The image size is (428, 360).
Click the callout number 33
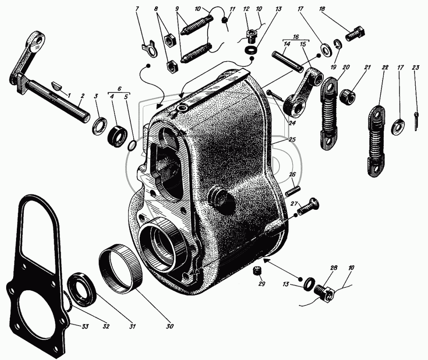[x=85, y=326]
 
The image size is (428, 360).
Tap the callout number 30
[x=169, y=326]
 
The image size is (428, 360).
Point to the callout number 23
[x=415, y=67]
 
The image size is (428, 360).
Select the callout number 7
[x=137, y=9]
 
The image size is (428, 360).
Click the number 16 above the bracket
[x=296, y=37]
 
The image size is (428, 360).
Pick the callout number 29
[x=261, y=284]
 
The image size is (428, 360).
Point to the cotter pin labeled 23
[x=416, y=122]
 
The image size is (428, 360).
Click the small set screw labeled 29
[x=256, y=271]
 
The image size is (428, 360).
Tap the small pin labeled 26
[x=293, y=190]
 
